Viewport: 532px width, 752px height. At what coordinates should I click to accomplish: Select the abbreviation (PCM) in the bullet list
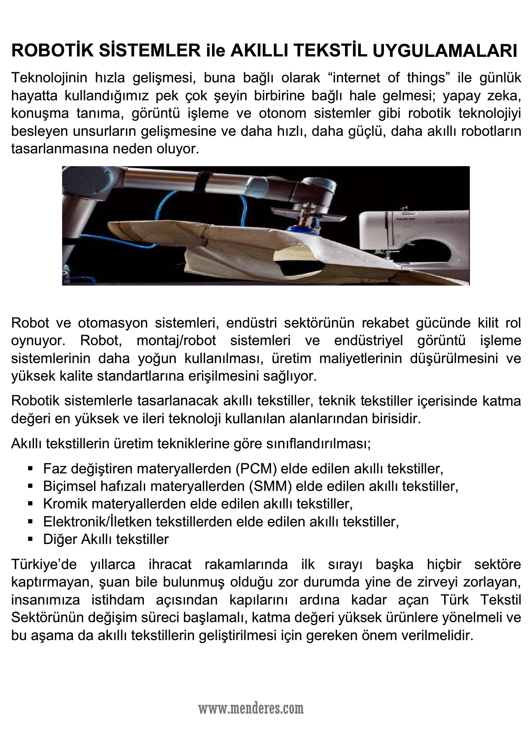click(x=256, y=468)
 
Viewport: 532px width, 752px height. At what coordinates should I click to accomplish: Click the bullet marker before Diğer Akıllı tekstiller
click(x=31, y=539)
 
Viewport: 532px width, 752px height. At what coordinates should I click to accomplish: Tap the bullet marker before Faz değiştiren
click(x=31, y=468)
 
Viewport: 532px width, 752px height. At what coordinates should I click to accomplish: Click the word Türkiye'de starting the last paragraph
click(x=44, y=564)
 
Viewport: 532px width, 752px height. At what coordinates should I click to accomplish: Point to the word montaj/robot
click(x=176, y=340)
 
